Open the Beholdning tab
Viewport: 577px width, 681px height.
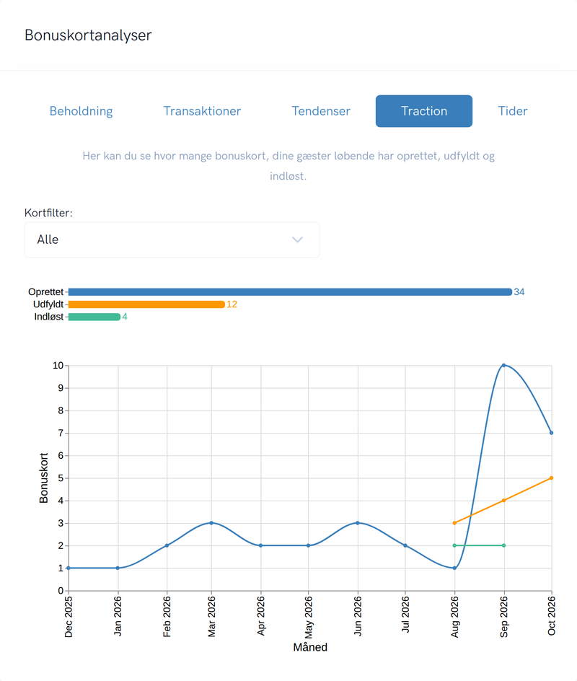click(x=82, y=111)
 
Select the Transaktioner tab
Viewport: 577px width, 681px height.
click(x=202, y=111)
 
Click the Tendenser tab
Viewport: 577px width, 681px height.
click(x=321, y=111)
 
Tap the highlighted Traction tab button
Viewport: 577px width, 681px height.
click(x=424, y=111)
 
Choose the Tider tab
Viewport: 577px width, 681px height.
click(x=513, y=111)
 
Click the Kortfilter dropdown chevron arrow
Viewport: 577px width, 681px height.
click(x=297, y=240)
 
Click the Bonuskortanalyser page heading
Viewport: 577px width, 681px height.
click(x=88, y=35)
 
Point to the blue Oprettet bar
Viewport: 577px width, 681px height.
click(x=290, y=292)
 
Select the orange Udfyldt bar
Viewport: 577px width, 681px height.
click(x=146, y=304)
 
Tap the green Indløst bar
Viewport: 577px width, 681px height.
click(x=94, y=317)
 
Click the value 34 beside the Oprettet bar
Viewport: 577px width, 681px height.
click(x=519, y=292)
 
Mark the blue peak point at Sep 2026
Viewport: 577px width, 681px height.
click(x=503, y=365)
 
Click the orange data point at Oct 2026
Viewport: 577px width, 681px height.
click(x=551, y=478)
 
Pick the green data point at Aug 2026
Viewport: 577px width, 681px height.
click(x=454, y=545)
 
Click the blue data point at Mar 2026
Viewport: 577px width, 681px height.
click(x=211, y=523)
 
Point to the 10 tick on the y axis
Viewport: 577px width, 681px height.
click(x=58, y=366)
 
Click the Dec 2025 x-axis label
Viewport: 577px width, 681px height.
click(x=69, y=617)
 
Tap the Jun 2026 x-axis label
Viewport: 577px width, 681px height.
click(x=358, y=616)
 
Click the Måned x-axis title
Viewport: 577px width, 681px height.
click(x=310, y=647)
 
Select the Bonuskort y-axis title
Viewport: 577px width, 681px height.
click(x=43, y=478)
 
